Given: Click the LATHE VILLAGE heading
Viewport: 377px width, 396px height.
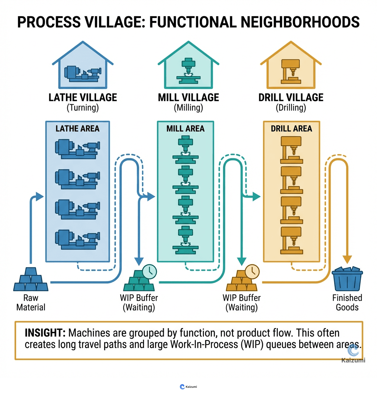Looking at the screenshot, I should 82,97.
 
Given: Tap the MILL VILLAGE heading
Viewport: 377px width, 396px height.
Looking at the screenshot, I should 188,97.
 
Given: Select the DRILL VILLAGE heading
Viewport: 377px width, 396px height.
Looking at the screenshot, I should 291,97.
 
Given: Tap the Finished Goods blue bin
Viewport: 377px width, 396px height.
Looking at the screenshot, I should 347,279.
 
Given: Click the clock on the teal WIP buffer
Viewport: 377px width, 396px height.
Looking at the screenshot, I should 149,271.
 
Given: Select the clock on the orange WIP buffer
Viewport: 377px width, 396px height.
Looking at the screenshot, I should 252,271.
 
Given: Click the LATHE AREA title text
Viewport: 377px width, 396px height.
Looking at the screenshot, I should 77,128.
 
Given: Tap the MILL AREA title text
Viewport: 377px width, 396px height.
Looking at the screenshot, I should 185,129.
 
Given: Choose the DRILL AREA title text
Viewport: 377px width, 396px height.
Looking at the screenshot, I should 292,129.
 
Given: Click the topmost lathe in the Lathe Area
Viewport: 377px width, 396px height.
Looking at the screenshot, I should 77,149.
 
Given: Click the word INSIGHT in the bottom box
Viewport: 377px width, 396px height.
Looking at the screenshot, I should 45,333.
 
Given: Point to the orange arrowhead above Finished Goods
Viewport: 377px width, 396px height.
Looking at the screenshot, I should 347,260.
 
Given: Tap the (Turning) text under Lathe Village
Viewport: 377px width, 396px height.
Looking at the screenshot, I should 82,108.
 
